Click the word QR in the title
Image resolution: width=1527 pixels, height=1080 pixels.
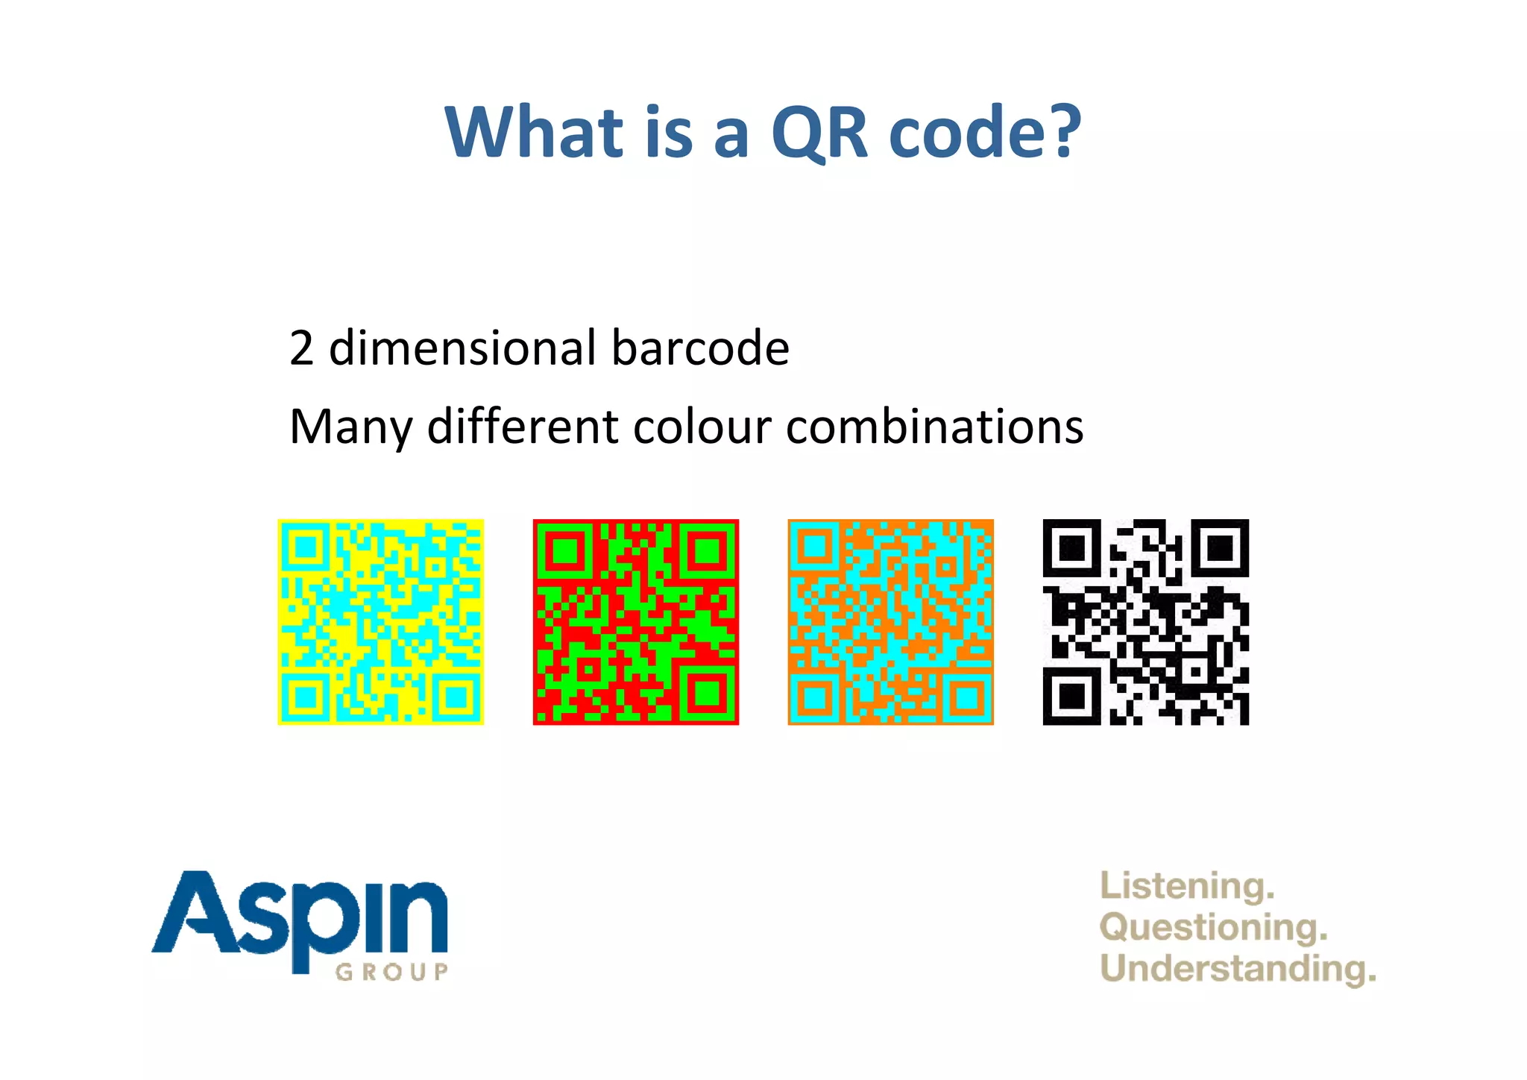pos(819,133)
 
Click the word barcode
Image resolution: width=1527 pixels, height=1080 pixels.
pos(700,348)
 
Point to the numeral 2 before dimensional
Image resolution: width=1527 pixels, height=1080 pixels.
pos(301,348)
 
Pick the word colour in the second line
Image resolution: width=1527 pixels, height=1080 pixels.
pos(702,427)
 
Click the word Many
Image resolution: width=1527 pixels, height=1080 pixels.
pos(350,428)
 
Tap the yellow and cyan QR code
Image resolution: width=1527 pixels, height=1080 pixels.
pos(381,622)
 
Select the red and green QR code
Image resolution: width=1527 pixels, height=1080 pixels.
pos(636,622)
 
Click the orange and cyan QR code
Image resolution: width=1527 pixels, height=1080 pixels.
pos(891,622)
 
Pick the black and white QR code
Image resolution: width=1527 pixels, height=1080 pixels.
pos(1145,622)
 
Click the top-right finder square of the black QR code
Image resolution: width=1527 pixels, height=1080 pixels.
pos(1220,548)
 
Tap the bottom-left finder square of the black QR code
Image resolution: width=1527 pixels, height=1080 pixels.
pos(1071,697)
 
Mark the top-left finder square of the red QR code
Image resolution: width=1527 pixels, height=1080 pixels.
pos(564,550)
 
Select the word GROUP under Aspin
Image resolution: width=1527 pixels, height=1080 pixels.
pos(392,972)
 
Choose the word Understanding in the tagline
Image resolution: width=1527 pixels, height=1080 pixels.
pos(1237,969)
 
